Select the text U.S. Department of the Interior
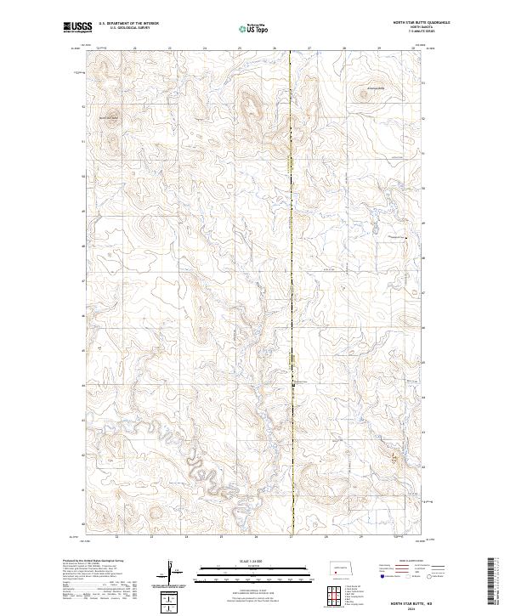[x=128, y=24]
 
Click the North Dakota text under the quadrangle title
[x=421, y=28]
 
